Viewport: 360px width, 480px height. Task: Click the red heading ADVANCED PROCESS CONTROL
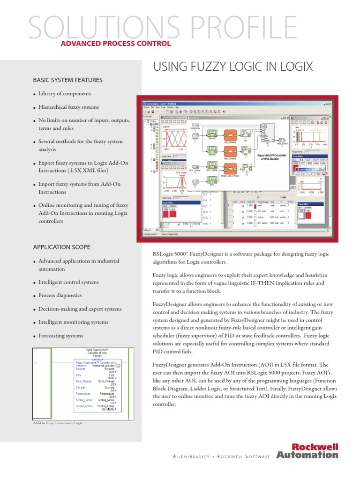116,44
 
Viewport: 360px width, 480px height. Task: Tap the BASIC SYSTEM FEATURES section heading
67,80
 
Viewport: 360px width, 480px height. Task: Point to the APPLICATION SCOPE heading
61,247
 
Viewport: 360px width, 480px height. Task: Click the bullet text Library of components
65,94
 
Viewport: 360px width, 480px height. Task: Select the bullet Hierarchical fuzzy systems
68,107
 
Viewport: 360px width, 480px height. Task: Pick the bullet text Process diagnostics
60,296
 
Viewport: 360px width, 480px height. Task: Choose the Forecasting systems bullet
60,336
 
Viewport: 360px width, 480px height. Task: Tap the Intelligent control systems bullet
68,282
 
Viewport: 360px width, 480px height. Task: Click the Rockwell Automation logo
307,450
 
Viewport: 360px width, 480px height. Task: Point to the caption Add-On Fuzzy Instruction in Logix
57,423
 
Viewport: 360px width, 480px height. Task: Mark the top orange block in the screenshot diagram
230,133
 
